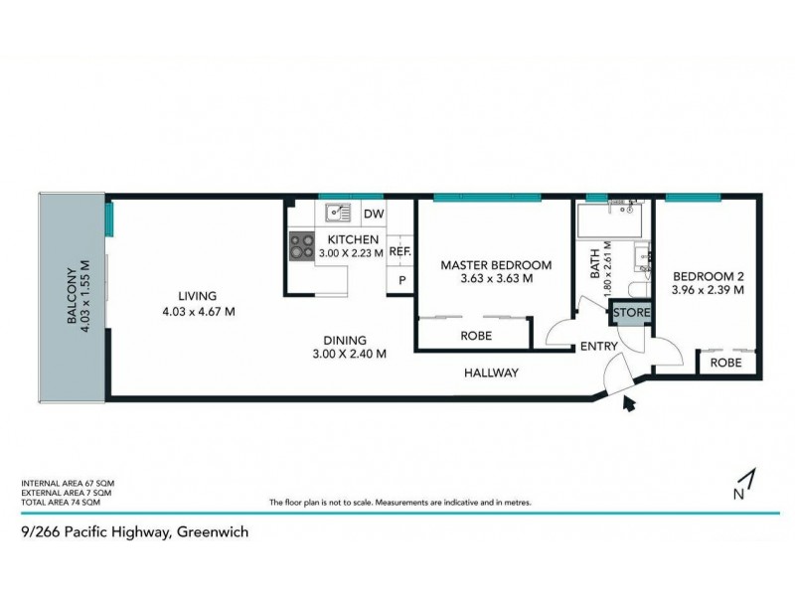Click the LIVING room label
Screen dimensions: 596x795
[x=197, y=296]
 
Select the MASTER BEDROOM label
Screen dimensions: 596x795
[x=496, y=265]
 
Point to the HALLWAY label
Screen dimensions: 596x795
[x=491, y=373]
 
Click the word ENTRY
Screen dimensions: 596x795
[x=600, y=347]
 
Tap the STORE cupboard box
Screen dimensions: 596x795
[x=631, y=313]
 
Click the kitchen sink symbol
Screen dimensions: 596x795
[x=336, y=212]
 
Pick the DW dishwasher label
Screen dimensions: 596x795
[x=373, y=214]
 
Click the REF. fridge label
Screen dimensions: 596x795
[x=399, y=252]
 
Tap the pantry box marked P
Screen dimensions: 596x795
[x=401, y=281]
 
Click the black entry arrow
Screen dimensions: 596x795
[x=627, y=402]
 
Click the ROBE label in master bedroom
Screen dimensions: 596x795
[x=475, y=337]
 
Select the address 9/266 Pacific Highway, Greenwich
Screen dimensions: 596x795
[x=134, y=531]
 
